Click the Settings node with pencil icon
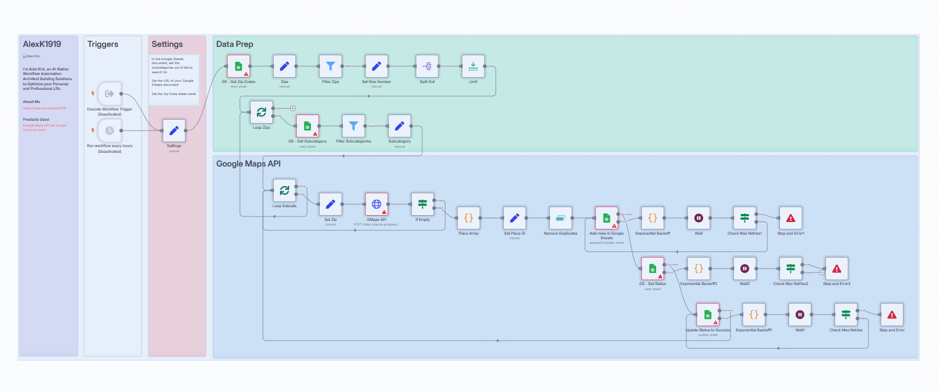tap(174, 130)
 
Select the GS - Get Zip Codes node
tap(239, 66)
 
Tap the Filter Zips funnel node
tap(330, 66)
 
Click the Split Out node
tap(427, 66)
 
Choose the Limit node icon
tap(473, 66)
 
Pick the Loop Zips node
tap(262, 112)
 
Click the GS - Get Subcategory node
tap(307, 126)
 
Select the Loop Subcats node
tap(285, 191)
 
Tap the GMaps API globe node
tap(377, 204)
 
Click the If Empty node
tap(423, 204)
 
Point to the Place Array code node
tap(468, 218)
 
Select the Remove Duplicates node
tap(561, 218)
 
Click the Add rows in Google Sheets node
tap(606, 218)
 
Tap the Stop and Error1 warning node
tap(791, 218)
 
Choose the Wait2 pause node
tap(744, 268)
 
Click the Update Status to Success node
tap(708, 315)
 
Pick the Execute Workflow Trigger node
tap(109, 94)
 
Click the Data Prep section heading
tap(235, 44)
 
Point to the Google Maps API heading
tap(248, 164)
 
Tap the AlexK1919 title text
tap(42, 44)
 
